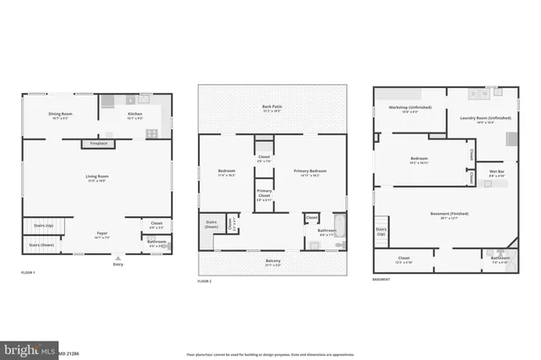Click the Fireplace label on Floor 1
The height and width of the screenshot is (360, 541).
tap(98, 145)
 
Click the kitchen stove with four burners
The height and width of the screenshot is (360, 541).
tap(152, 133)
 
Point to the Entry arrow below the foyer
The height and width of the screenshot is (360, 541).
tap(117, 259)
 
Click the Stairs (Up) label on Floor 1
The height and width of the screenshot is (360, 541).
tap(44, 226)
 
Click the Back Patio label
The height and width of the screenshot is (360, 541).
tap(273, 107)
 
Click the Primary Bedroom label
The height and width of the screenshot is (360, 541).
tap(310, 172)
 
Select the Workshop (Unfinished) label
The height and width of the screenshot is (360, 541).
tap(404, 108)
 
